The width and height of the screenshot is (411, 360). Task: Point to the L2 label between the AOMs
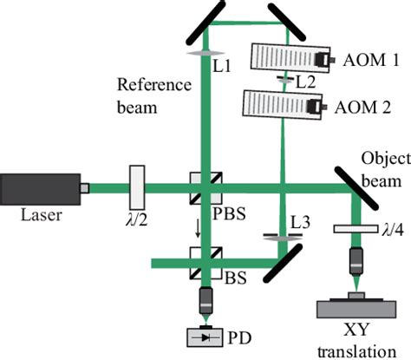[x=304, y=83]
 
